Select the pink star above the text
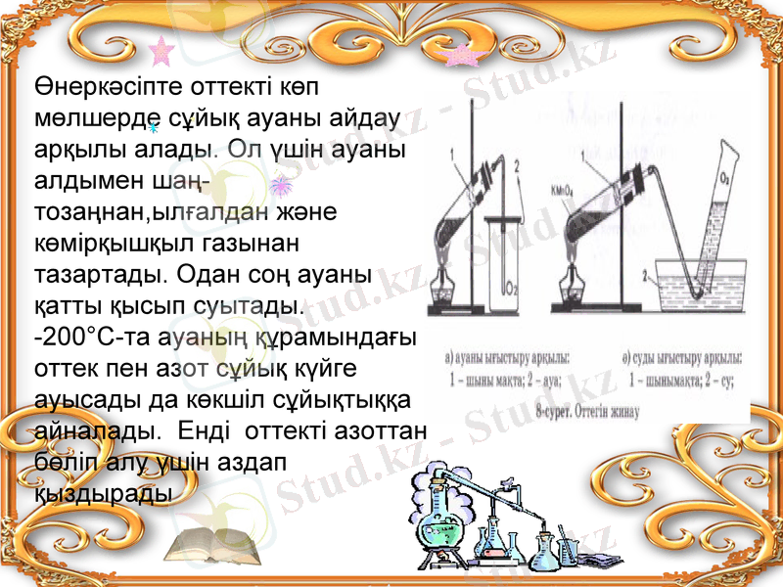(x=160, y=50)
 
